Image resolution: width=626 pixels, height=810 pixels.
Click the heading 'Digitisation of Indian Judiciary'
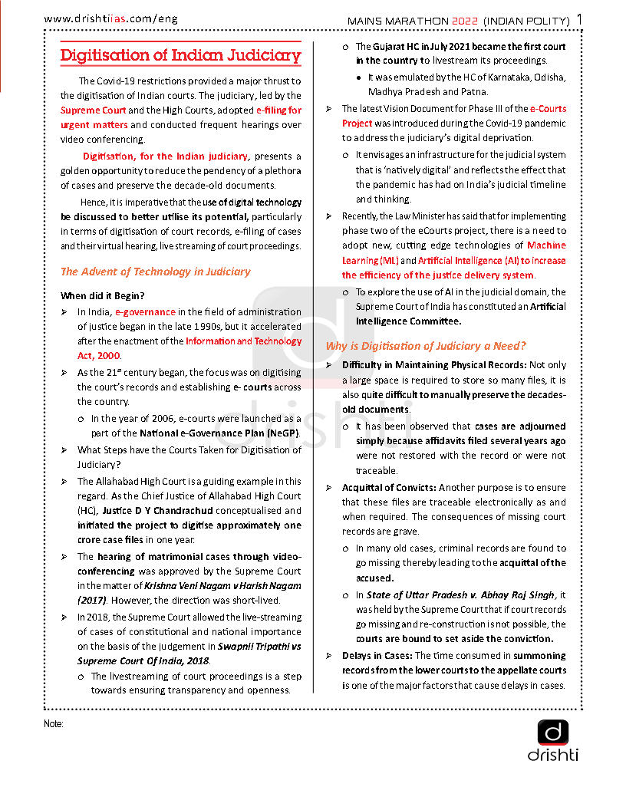coord(180,55)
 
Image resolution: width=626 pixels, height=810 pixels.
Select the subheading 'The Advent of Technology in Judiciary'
coord(155,272)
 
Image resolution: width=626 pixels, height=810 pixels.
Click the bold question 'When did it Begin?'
coord(103,295)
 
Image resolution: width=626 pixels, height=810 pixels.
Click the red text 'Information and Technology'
coord(244,341)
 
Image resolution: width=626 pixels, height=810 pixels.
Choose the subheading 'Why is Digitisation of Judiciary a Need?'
coord(426,346)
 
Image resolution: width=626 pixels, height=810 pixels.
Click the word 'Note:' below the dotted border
coord(54,723)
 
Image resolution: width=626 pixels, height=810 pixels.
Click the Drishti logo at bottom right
coord(552,740)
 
